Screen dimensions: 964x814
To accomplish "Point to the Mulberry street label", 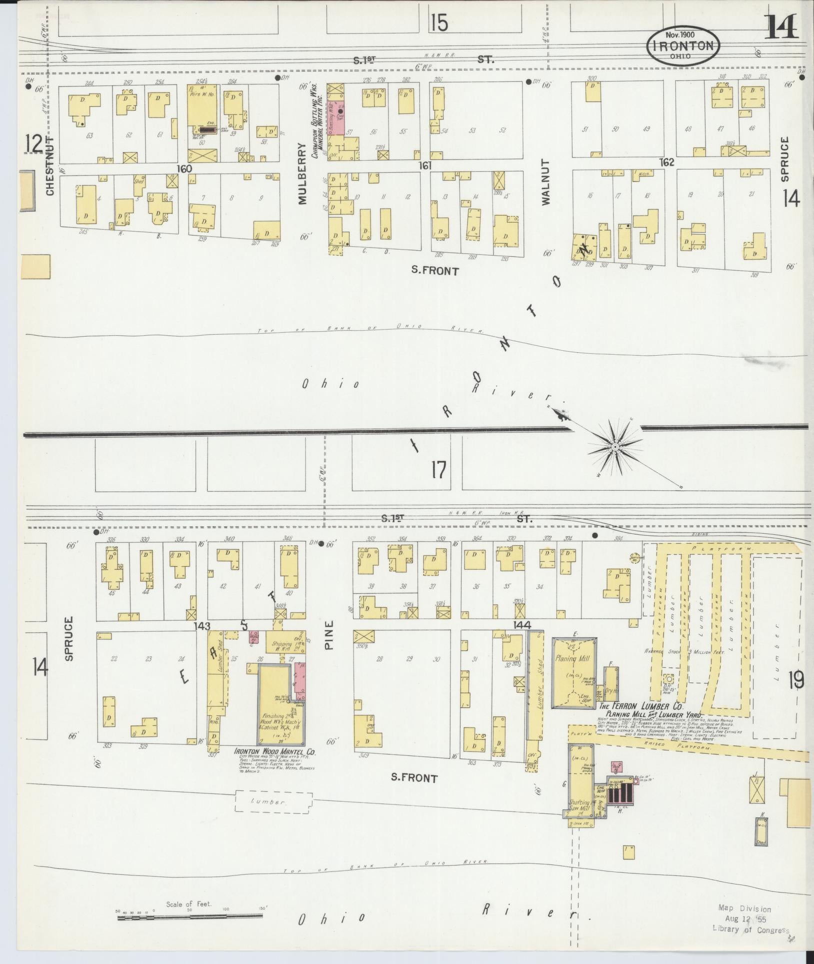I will pyautogui.click(x=302, y=174).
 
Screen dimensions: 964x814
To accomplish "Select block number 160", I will pyautogui.click(x=184, y=169).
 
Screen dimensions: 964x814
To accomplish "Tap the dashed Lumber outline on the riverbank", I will pyautogui.click(x=274, y=801).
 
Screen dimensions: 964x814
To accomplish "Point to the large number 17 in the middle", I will pyautogui.click(x=438, y=470).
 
